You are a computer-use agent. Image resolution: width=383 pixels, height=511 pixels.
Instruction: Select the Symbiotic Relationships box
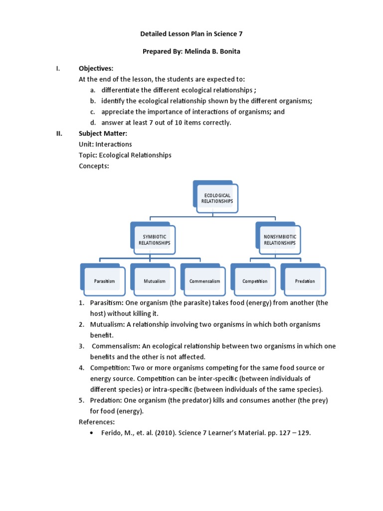[x=154, y=240]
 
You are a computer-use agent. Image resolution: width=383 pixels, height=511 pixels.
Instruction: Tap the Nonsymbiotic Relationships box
[x=279, y=240]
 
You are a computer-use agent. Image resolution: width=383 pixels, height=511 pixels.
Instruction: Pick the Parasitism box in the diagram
[x=104, y=281]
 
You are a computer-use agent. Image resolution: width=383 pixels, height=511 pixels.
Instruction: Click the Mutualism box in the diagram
[x=154, y=281]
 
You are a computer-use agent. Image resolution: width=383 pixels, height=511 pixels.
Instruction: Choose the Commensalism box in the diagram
[x=204, y=281]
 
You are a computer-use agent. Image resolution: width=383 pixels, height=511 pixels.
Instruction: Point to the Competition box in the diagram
[x=255, y=281]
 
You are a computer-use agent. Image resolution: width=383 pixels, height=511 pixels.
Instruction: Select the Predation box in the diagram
[x=305, y=281]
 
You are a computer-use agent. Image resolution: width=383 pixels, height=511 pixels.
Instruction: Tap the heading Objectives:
[x=96, y=68]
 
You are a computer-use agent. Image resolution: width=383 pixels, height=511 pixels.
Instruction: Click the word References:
[x=97, y=422]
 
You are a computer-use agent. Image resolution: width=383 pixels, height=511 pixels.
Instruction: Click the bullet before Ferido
[x=91, y=433]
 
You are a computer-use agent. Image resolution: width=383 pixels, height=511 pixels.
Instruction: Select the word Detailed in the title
[x=151, y=34]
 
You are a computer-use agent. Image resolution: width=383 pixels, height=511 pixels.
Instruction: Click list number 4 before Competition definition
[x=81, y=368]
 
